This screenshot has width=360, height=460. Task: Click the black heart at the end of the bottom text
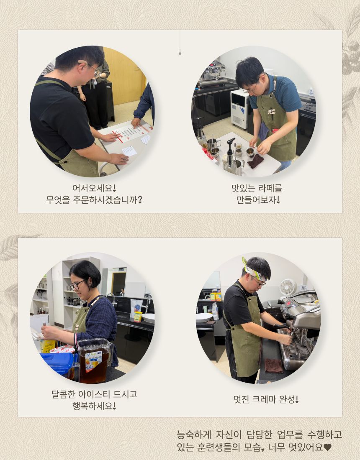coord(327,447)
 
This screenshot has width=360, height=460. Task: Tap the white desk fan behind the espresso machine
coord(288,287)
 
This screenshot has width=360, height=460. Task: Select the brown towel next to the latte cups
coord(255,161)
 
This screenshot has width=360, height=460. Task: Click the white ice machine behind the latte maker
coord(239,109)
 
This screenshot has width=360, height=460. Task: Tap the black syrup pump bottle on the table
coord(230,156)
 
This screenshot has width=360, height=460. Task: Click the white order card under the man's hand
coord(129,151)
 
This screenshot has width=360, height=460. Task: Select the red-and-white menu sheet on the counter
coord(131,132)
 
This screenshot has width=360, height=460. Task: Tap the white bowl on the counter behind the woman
coord(149,318)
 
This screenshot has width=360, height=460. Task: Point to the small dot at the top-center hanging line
coord(180,54)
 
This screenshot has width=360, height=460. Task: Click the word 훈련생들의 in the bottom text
coord(219,447)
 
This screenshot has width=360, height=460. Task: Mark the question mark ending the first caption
coord(140,200)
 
